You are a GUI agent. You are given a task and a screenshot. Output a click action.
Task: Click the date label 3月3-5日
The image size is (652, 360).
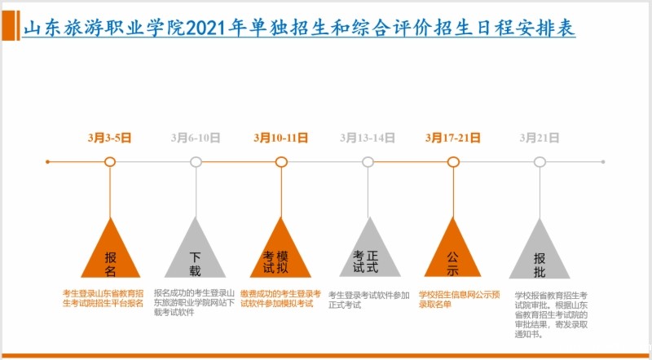pos(110,138)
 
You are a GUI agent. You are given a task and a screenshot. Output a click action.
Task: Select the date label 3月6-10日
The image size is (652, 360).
pos(196,138)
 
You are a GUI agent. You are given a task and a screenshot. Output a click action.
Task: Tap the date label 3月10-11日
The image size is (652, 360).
pos(281,138)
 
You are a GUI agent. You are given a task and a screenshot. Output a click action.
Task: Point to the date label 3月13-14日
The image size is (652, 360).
pos(368,138)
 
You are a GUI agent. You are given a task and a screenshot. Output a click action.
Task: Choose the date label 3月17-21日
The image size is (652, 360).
pos(453,138)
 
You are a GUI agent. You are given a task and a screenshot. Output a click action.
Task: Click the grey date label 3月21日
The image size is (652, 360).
pos(540,138)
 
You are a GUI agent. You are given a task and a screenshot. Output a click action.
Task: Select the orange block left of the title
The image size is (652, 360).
pos(11,25)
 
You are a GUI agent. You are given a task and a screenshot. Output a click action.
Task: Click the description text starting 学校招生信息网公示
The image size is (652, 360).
pos(459,299)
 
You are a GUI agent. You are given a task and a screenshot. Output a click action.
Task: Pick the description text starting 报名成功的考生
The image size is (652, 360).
pos(194,303)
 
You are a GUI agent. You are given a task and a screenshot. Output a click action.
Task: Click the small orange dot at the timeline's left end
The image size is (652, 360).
pos(47,162)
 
